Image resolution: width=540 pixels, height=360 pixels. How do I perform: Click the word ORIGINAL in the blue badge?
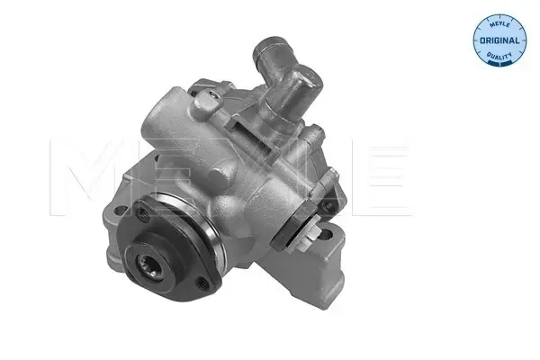point(499,40)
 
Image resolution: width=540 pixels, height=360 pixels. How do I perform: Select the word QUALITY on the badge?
point(499,56)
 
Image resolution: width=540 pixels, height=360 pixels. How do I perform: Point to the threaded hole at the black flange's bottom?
point(202,283)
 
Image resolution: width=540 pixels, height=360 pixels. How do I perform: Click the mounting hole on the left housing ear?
point(121,210)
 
